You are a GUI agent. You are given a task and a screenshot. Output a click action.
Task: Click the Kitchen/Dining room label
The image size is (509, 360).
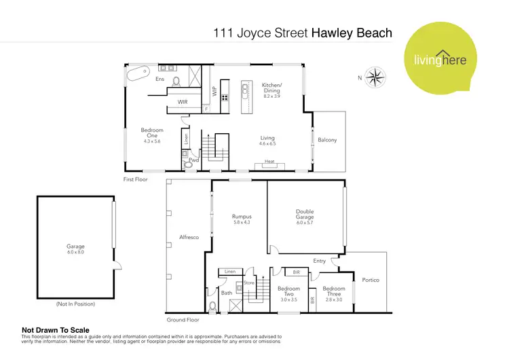[x=271, y=88]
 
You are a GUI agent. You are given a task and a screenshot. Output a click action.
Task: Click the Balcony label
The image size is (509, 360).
[x=327, y=140]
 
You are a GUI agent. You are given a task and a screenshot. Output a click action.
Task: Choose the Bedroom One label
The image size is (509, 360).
[x=151, y=133]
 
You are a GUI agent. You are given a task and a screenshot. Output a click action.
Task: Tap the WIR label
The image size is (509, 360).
[x=183, y=103]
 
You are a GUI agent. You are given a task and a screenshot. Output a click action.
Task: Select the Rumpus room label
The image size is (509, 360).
[x=242, y=217]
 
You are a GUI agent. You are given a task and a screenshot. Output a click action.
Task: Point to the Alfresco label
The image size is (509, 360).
[x=188, y=238]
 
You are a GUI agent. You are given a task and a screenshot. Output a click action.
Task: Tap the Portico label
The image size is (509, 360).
[x=371, y=279]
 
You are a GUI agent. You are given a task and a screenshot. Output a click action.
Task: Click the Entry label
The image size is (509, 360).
[x=320, y=260]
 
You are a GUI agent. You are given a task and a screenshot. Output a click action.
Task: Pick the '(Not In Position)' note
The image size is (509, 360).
[x=75, y=304]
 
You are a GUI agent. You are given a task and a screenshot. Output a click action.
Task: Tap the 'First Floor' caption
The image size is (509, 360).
[x=135, y=180]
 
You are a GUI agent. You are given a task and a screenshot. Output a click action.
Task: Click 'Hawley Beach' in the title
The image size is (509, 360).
[x=351, y=33]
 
